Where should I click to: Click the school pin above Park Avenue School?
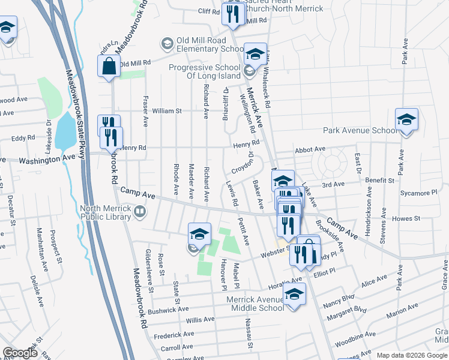406,120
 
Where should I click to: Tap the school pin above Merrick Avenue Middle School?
294,294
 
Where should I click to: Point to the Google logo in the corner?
20,353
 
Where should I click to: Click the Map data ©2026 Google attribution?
412,355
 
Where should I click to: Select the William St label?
166,111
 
